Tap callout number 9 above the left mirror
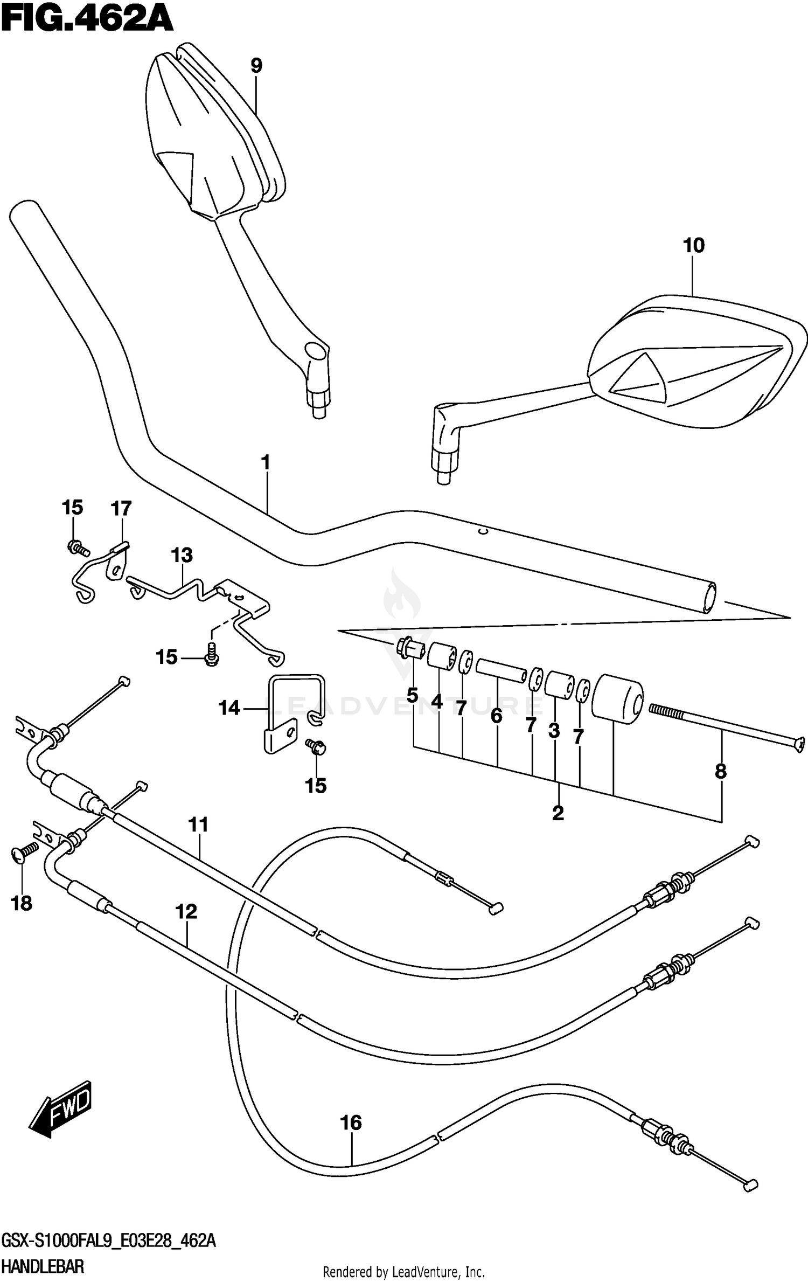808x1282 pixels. [256, 66]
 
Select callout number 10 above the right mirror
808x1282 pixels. [693, 246]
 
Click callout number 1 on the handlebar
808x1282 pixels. [265, 463]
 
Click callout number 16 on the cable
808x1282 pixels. [351, 1123]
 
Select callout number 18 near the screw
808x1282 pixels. [22, 904]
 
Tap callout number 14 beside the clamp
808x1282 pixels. [229, 708]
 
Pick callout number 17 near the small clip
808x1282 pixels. [121, 508]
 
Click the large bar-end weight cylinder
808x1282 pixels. [617, 697]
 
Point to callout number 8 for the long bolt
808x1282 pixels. [721, 771]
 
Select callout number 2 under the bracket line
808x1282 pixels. [558, 813]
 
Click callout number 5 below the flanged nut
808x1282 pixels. [412, 696]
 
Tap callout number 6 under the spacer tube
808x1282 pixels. [497, 716]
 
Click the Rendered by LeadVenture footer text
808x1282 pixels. [403, 1273]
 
